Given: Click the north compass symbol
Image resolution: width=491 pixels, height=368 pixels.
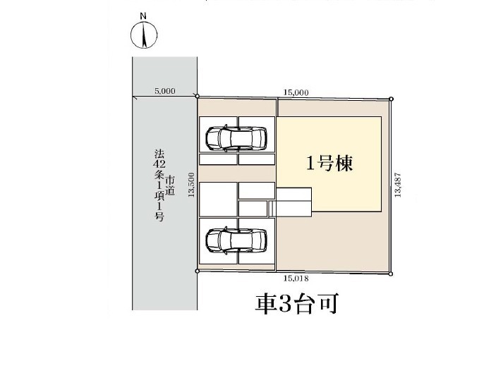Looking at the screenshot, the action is [144, 35].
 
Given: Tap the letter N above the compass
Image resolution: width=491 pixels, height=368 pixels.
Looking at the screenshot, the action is [143, 16].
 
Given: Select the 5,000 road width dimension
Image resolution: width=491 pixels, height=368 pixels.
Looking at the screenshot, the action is [165, 91].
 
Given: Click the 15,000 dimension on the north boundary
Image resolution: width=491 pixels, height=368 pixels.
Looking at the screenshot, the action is [296, 92].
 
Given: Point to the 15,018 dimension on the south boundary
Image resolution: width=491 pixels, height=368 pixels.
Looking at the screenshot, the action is [296, 278].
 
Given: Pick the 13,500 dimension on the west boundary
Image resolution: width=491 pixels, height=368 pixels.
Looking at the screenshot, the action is [191, 185].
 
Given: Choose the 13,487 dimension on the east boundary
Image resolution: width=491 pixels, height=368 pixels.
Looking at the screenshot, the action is [398, 185].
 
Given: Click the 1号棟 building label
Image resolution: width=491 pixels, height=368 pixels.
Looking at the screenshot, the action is [329, 164].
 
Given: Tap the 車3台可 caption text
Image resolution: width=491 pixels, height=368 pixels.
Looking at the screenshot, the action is [297, 304].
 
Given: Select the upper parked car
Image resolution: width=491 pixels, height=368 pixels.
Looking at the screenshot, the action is [236, 138].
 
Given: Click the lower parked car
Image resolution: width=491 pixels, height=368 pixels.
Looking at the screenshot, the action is [236, 240].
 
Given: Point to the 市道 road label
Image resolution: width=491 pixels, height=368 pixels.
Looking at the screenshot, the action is [170, 186].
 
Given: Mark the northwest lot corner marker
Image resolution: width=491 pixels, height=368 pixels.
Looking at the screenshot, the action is [198, 96].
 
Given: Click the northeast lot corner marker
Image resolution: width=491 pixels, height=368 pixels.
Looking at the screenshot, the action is [391, 99].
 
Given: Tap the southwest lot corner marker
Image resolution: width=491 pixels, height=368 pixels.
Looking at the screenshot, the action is [197, 271].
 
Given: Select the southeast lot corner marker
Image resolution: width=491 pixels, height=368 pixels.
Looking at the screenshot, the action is [391, 274].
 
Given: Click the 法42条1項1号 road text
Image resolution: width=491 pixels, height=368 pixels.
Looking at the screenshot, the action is [159, 185].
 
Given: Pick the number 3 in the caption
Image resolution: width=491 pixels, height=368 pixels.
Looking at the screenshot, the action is [285, 304].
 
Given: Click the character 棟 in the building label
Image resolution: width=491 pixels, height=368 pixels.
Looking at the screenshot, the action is [344, 164].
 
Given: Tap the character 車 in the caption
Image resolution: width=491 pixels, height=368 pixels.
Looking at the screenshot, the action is [266, 304].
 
